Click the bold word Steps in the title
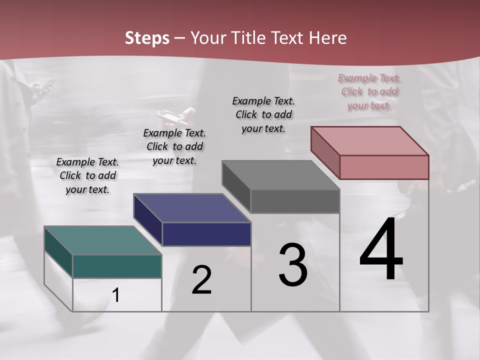coord(147,38)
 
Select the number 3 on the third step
coord(293,265)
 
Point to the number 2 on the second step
coord(201,280)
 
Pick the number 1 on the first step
coord(116,295)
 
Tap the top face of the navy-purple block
coord(192,208)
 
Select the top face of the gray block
coord(280,175)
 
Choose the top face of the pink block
coord(370,141)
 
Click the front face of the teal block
coord(117,266)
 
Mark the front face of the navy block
coord(206,234)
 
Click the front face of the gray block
coord(295,201)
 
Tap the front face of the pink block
coord(384,167)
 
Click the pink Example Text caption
coord(369,92)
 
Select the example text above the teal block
coord(87,175)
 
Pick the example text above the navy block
coord(174,146)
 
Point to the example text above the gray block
coord(263,114)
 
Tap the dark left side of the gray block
coord(236,187)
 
